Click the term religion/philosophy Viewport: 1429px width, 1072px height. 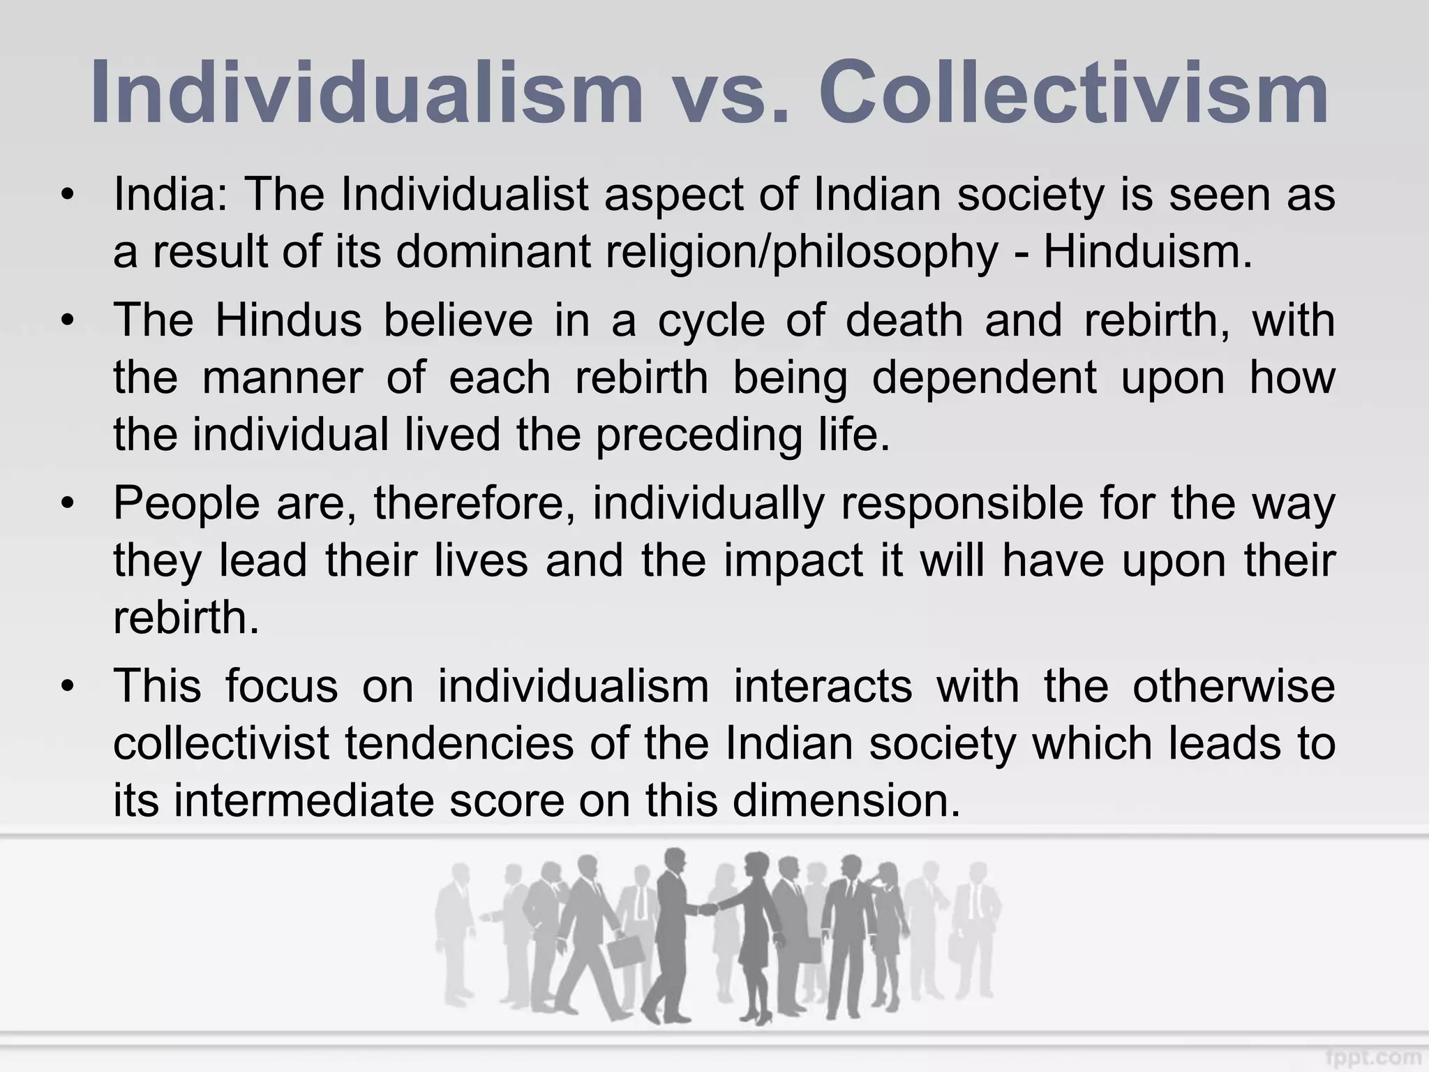[802, 251]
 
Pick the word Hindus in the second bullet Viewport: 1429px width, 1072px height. [288, 320]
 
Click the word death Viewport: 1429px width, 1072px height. [904, 320]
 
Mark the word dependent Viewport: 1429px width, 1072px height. [985, 378]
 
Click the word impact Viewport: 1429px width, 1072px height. [793, 560]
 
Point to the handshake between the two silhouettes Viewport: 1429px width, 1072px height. [708, 909]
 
